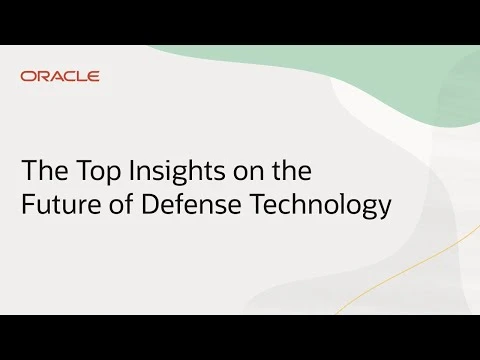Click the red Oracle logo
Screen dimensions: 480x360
60,76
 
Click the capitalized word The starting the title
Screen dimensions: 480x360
45,170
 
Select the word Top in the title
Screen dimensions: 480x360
98,172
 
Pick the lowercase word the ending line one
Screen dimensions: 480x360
292,170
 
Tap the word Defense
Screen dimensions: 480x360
191,203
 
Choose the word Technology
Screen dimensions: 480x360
320,205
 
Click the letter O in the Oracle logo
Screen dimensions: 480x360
28,76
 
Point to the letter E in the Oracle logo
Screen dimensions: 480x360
93,76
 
